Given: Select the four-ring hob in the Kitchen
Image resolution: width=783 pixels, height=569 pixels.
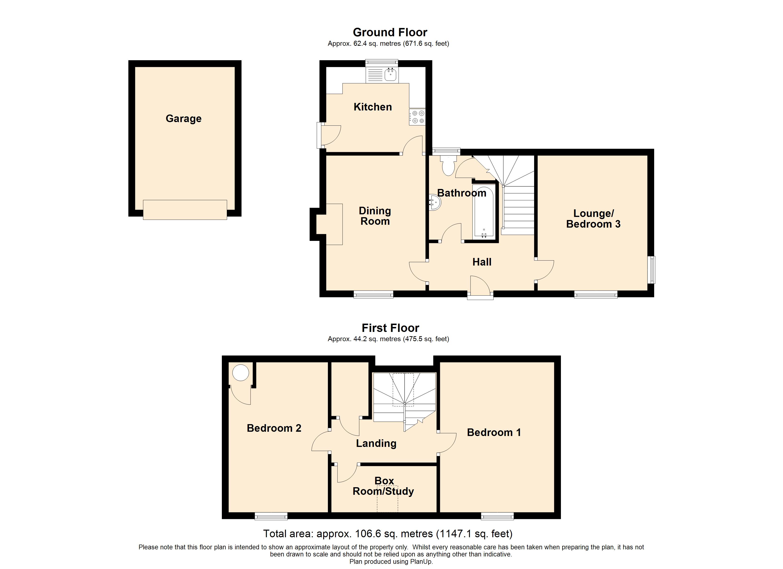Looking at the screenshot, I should [x=417, y=117].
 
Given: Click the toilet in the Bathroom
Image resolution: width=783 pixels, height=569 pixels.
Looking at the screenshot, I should [x=448, y=167].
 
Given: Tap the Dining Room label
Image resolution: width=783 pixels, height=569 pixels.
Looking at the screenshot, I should [x=375, y=216].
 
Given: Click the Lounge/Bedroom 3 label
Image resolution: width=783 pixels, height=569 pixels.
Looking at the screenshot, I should [x=593, y=219].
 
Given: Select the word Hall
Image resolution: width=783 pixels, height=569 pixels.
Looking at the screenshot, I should [x=482, y=262].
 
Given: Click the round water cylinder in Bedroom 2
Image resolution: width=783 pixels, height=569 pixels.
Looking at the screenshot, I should [x=240, y=373].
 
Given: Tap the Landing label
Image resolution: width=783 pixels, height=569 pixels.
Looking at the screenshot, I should [x=376, y=443].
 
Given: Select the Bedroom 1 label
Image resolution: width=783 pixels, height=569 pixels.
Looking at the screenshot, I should [x=494, y=432].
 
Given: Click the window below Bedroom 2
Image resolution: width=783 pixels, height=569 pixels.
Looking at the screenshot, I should [x=271, y=516].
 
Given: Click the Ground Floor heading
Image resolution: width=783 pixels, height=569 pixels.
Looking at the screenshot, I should [x=390, y=32].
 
